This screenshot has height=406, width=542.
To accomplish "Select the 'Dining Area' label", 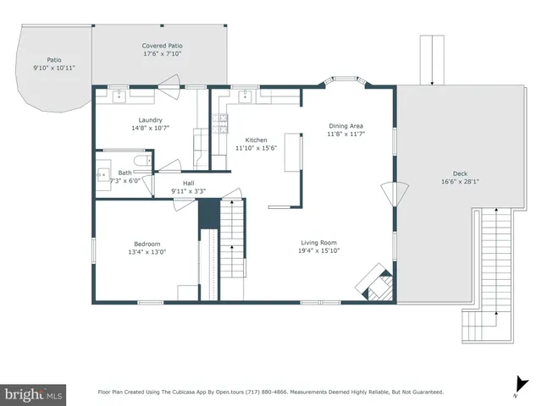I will click(x=346, y=126).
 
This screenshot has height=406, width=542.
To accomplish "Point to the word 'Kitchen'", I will click(x=256, y=140).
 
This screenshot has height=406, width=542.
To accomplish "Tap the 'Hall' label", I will click(x=188, y=183).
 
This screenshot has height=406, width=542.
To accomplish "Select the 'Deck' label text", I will click(x=460, y=173).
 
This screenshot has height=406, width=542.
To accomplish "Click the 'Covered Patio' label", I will click(x=162, y=46).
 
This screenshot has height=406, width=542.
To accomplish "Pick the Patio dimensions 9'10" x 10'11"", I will click(x=54, y=68).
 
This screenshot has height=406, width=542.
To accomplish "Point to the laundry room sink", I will click(x=121, y=95).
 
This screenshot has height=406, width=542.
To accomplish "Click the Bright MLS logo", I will click(x=34, y=394).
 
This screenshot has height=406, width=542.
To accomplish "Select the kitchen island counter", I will click(x=293, y=151).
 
